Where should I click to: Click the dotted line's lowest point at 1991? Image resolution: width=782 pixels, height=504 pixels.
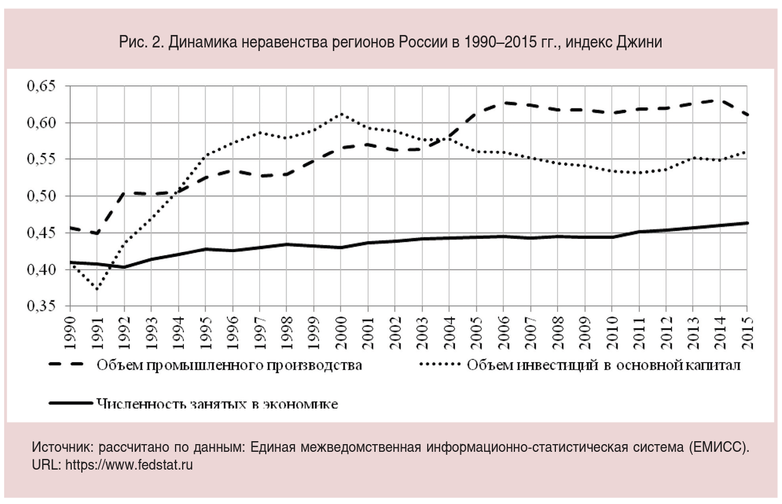97,289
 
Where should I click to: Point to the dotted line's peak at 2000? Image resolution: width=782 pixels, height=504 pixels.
341,114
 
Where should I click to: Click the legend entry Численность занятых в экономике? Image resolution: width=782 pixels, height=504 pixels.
217,404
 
